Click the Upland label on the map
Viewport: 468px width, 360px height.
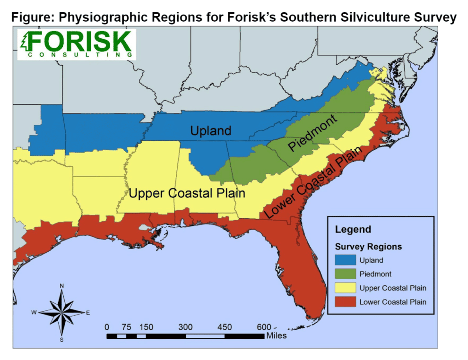pos(210,131)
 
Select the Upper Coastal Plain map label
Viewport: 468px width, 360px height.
pos(187,193)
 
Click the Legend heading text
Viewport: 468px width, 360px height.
pos(353,230)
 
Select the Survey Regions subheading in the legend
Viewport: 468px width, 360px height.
pos(368,247)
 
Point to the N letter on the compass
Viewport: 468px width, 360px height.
pos(62,286)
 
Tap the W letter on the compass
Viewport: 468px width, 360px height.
pos(34,313)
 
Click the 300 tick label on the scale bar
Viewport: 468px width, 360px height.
pos(185,327)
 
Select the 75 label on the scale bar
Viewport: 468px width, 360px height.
pos(126,327)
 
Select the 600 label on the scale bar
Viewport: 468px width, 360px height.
pos(264,327)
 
